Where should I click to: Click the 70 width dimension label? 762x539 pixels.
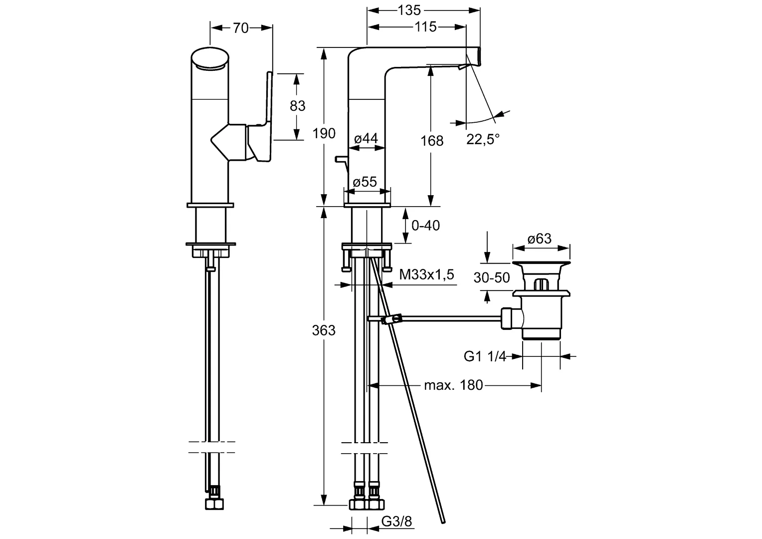tap(241, 28)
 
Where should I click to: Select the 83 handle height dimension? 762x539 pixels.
tap(297, 106)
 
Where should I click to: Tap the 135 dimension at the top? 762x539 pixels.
tap(409, 10)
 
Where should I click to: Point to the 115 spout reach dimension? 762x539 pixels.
tap(425, 27)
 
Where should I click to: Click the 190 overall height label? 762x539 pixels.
tap(324, 134)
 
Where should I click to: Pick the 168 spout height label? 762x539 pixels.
tap(432, 141)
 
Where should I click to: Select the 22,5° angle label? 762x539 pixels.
tap(483, 139)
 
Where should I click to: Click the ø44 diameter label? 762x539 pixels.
tap(366, 139)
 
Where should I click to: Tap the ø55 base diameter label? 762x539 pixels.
tap(365, 182)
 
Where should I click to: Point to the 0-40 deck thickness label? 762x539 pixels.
tap(425, 226)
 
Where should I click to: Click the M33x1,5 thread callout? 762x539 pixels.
tap(426, 274)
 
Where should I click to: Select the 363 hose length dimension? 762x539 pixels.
tap(324, 330)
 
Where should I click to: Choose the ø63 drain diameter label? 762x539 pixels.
tap(540, 239)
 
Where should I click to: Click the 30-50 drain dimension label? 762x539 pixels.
tap(492, 277)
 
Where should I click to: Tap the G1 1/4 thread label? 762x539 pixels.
tap(485, 356)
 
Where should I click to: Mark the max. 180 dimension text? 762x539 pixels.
tap(453, 385)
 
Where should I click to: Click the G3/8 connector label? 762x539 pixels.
tap(397, 522)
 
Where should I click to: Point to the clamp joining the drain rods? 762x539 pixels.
tap(391, 319)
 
